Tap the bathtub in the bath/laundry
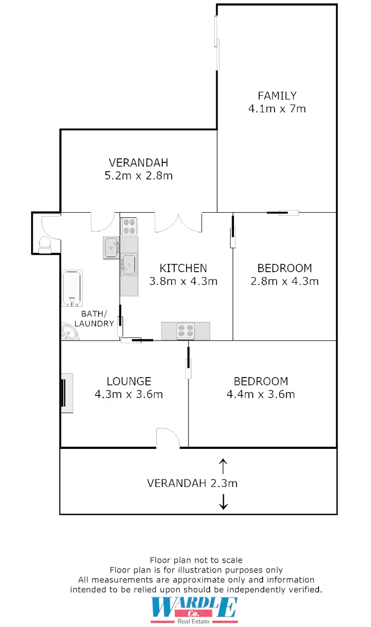tap(72, 288)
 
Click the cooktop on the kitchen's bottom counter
tap(185, 330)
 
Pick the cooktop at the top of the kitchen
tap(129, 227)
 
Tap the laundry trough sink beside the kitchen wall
tap(111, 247)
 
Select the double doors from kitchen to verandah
tap(179, 223)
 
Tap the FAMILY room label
tap(277, 96)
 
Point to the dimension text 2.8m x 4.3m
tap(284, 281)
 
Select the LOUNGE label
tap(129, 381)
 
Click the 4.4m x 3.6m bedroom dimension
tap(261, 394)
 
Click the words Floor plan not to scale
tap(196, 560)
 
